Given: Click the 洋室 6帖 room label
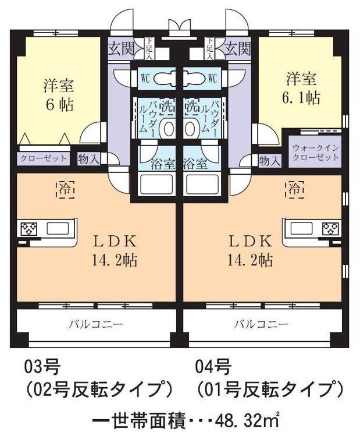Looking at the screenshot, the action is pyautogui.click(x=59, y=95).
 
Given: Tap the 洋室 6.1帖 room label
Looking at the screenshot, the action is pyautogui.click(x=301, y=88).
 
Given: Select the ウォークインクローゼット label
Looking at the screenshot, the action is pyautogui.click(x=315, y=153).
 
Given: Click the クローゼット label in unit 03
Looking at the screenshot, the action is pyautogui.click(x=44, y=158).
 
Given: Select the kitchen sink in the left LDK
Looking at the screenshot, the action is pyautogui.click(x=58, y=228).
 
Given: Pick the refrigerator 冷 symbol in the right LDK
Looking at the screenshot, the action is pyautogui.click(x=295, y=190).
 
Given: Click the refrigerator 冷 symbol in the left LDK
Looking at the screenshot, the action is pyautogui.click(x=65, y=190).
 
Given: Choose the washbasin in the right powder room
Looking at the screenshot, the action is pyautogui.click(x=192, y=129).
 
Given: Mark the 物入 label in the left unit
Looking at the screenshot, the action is pyautogui.click(x=88, y=159).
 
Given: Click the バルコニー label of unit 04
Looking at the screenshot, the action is pyautogui.click(x=261, y=324).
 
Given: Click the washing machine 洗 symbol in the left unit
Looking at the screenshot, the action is pyautogui.click(x=167, y=106).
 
